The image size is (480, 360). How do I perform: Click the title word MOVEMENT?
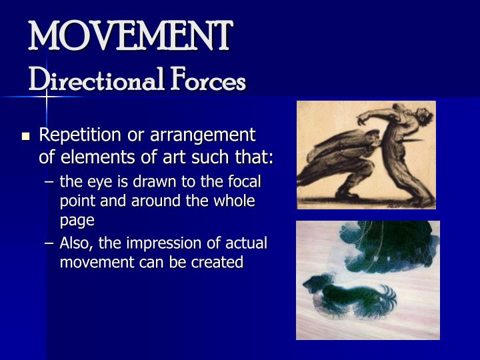pyautogui.click(x=130, y=37)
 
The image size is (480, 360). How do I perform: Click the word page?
pyautogui.click(x=77, y=220)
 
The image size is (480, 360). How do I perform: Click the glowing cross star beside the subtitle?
pyautogui.click(x=47, y=97)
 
